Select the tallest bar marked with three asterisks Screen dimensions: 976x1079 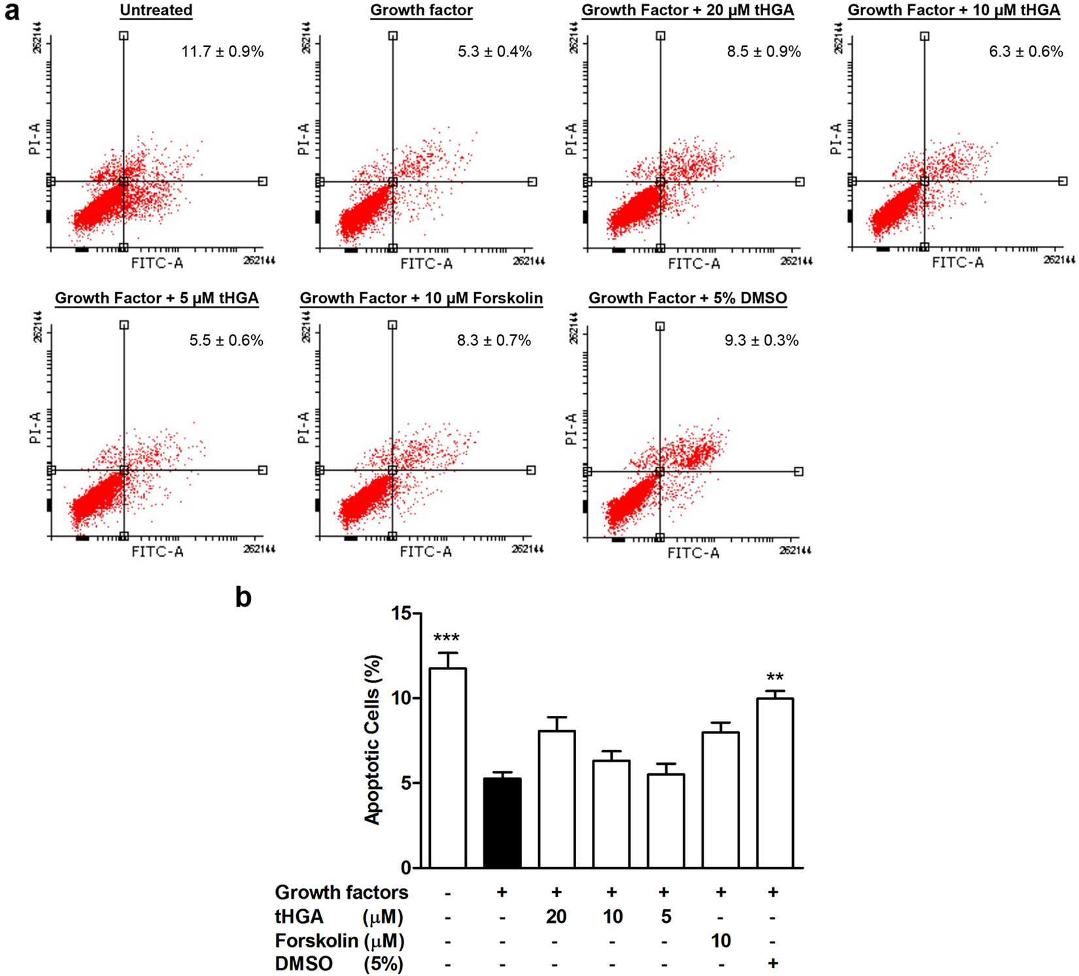point(447,767)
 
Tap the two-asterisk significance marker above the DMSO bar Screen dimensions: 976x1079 point(774,678)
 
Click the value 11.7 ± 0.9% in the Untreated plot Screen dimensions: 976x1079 point(222,52)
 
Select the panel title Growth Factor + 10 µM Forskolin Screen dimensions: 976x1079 point(421,299)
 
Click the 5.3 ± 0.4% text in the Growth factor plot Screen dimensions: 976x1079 point(494,52)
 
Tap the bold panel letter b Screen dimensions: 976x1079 point(243,597)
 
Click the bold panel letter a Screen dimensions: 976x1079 point(12,12)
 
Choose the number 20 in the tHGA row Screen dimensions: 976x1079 point(556,917)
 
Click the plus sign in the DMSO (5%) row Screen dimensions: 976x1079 point(774,963)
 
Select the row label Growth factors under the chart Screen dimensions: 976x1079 point(341,892)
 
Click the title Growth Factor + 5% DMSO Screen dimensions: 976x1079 point(688,299)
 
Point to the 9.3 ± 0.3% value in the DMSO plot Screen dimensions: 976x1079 point(761,341)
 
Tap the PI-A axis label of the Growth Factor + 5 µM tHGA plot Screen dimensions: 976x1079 point(35,428)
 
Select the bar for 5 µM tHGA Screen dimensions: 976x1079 point(666,820)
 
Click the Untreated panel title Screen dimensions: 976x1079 point(156,10)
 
